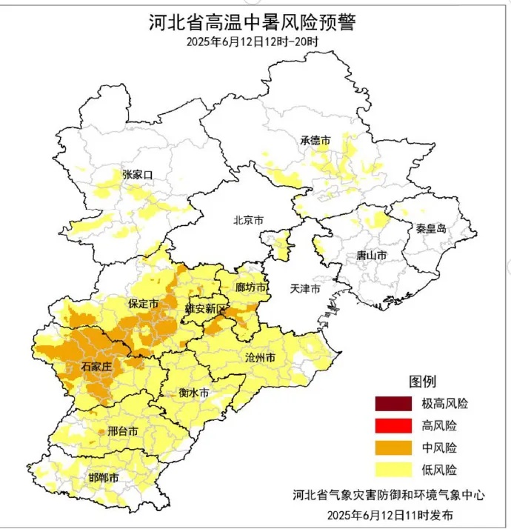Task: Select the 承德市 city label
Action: [315, 140]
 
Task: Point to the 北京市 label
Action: [248, 220]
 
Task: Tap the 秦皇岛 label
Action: [431, 229]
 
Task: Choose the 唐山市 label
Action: [371, 255]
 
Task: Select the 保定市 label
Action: [144, 305]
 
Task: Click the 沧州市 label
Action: [260, 358]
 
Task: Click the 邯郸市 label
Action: [103, 478]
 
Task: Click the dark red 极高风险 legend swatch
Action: [394, 404]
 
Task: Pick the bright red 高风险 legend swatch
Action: [394, 426]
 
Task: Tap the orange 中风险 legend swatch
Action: [394, 448]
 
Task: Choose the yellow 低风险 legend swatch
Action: [394, 470]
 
